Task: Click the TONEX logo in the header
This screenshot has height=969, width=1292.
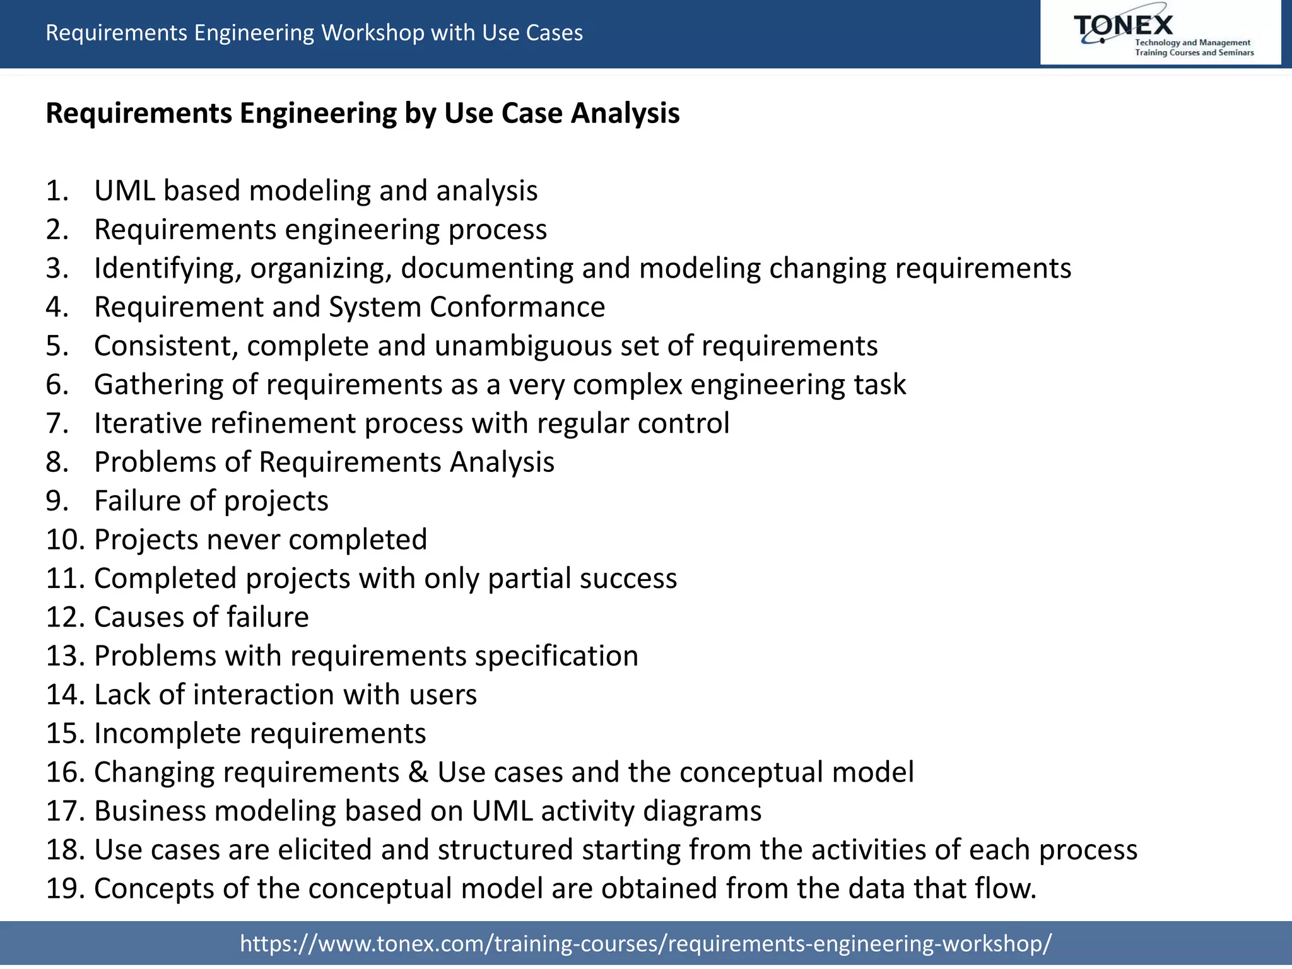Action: [x=1160, y=33]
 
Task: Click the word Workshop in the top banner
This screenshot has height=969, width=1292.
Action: [x=372, y=33]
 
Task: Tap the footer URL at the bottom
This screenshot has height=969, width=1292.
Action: [x=646, y=943]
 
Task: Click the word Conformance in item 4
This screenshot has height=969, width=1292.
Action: [x=517, y=307]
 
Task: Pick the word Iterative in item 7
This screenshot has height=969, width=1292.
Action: [x=148, y=423]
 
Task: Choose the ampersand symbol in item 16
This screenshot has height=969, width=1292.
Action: [x=418, y=772]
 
